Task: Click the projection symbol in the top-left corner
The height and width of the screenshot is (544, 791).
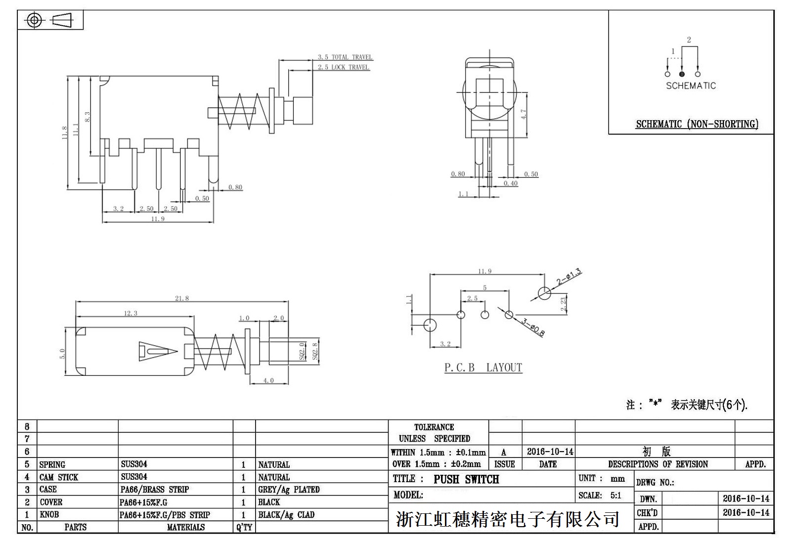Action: pyautogui.click(x=50, y=20)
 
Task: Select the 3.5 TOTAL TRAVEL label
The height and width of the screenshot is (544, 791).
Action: pyautogui.click(x=345, y=57)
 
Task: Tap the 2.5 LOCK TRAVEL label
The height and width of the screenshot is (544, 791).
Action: pyautogui.click(x=343, y=67)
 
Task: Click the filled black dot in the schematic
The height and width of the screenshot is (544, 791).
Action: pyautogui.click(x=682, y=74)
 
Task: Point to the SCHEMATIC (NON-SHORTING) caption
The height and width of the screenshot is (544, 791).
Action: pyautogui.click(x=697, y=124)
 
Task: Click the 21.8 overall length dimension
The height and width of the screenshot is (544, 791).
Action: pyautogui.click(x=181, y=298)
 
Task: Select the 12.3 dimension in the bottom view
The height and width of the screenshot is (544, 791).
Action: pyautogui.click(x=131, y=313)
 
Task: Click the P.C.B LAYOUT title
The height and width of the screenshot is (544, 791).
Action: pyautogui.click(x=483, y=367)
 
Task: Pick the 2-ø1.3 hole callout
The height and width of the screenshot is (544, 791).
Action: pyautogui.click(x=569, y=277)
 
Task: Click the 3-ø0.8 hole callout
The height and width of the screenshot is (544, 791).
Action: pyautogui.click(x=533, y=327)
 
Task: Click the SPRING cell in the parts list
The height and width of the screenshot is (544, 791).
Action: pyautogui.click(x=52, y=464)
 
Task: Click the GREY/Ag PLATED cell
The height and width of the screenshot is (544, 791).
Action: pyautogui.click(x=289, y=490)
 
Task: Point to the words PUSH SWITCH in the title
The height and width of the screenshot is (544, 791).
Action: pyautogui.click(x=466, y=479)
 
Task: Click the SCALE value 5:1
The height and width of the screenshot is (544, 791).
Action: pyautogui.click(x=615, y=495)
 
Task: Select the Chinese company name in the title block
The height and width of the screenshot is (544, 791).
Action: pyautogui.click(x=507, y=519)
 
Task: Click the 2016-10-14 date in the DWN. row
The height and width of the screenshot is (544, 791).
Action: pyautogui.click(x=746, y=499)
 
